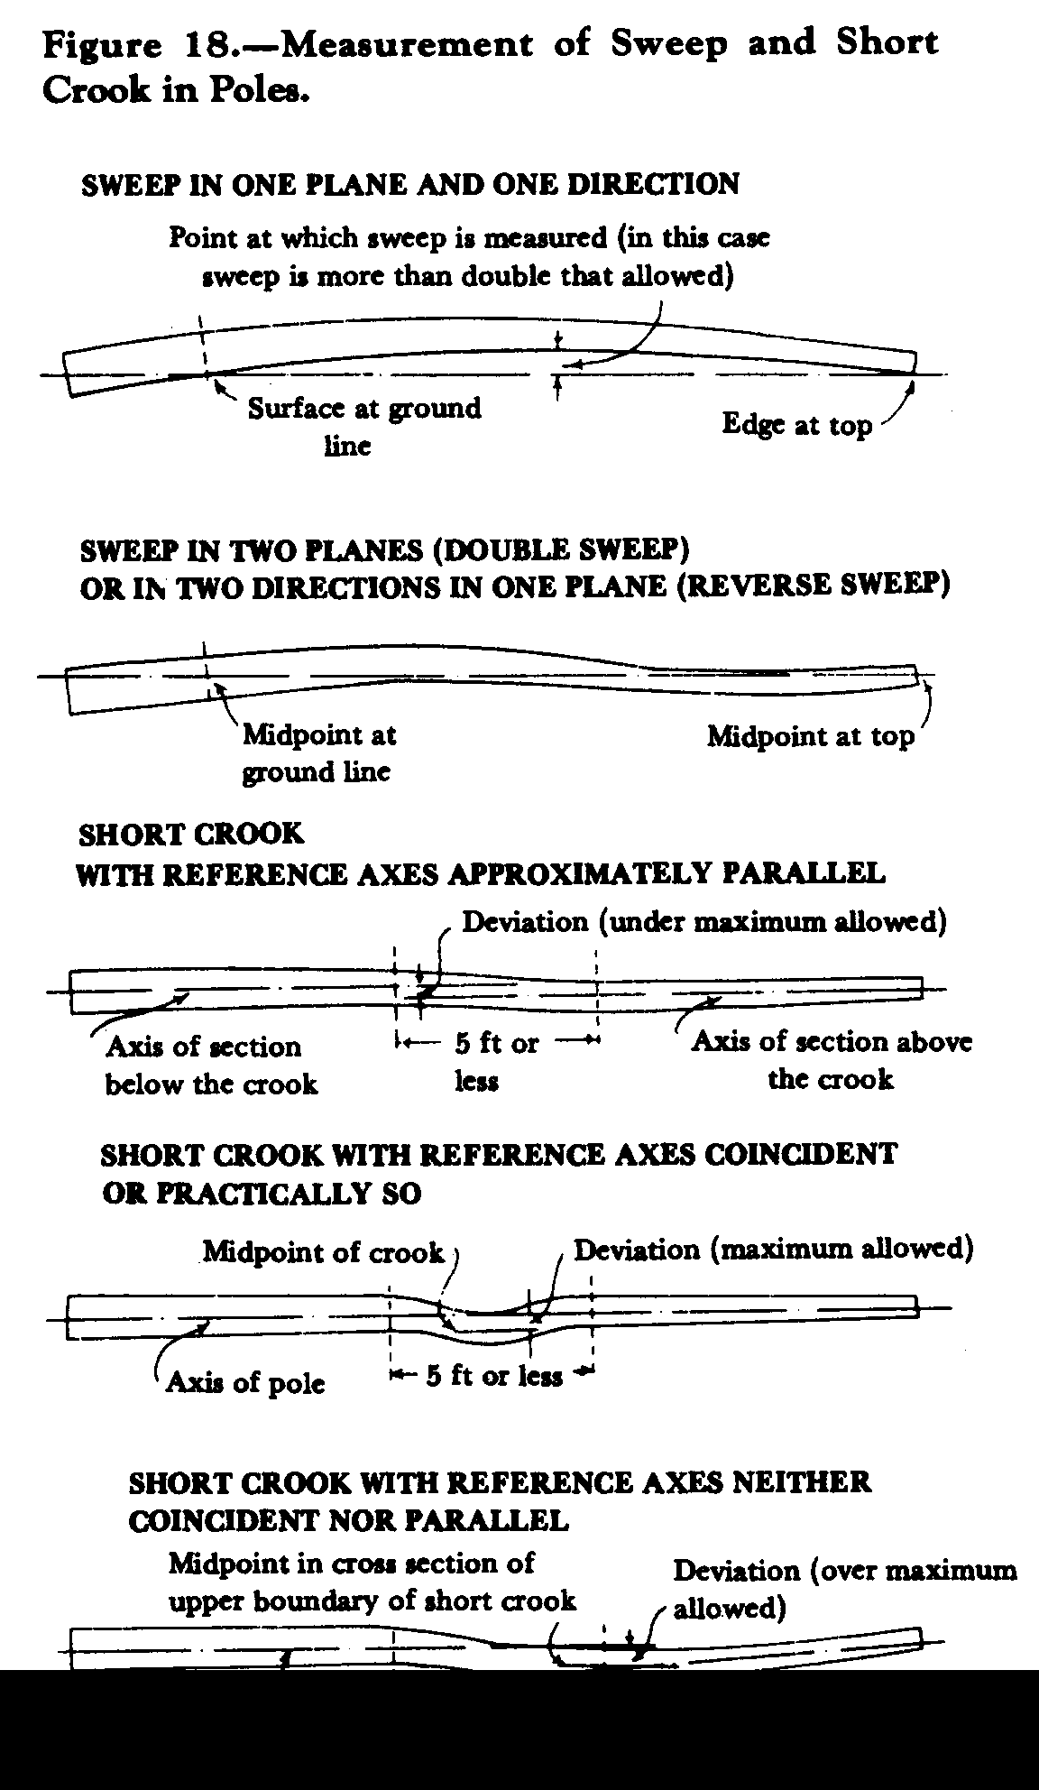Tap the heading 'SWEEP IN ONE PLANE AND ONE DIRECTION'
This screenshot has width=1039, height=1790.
(410, 184)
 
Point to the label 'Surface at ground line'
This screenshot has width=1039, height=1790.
(364, 426)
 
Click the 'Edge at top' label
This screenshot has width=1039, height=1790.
(797, 425)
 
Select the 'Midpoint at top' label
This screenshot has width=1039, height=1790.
(810, 736)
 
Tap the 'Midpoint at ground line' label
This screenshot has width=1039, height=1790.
(319, 753)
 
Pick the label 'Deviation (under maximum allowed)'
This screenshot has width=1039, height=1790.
(704, 922)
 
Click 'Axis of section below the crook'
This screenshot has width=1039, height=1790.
(211, 1065)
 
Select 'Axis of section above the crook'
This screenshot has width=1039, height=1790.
(832, 1060)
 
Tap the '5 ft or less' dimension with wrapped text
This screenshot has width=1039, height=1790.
(496, 1062)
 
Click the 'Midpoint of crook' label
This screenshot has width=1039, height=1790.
(323, 1252)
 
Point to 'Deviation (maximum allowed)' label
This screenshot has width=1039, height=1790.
(774, 1250)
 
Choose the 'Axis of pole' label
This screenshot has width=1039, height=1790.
(245, 1382)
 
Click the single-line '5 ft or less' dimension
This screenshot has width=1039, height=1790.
(494, 1376)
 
